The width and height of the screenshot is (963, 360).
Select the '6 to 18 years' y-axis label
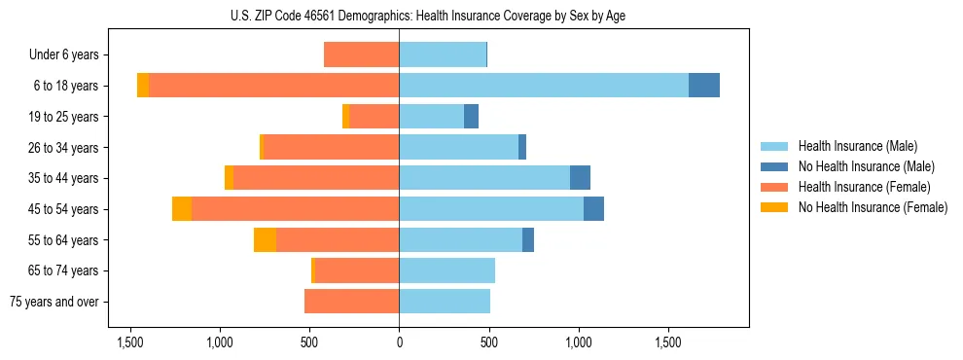click(65, 86)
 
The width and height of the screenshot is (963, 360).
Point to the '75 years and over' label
click(55, 302)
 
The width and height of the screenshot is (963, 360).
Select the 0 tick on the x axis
click(399, 342)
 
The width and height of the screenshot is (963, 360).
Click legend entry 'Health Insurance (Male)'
click(857, 146)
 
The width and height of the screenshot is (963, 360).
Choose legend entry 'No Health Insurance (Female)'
click(873, 207)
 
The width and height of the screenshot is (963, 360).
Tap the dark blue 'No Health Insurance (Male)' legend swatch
click(775, 166)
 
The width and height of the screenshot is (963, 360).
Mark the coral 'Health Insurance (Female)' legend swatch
click(775, 187)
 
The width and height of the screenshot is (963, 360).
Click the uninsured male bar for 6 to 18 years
click(704, 86)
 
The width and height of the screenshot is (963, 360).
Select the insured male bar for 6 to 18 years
click(544, 86)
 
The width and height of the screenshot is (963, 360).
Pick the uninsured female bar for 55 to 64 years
click(265, 239)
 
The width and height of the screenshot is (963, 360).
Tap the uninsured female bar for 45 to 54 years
click(182, 209)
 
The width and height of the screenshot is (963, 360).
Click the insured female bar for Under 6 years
click(361, 54)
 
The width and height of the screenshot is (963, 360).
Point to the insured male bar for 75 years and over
click(445, 302)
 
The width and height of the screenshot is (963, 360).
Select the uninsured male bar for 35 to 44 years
click(580, 178)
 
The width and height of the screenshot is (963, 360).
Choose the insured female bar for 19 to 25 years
click(374, 117)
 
